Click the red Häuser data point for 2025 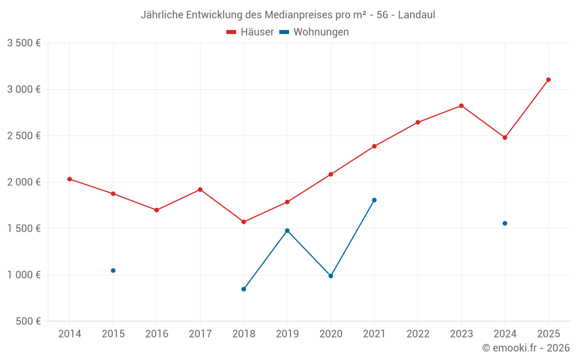point(548,79)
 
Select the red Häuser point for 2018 point(244,222)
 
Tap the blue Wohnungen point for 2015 point(113,271)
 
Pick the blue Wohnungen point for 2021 point(374,200)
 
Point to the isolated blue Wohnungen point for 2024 point(505,223)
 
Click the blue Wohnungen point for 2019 point(287,230)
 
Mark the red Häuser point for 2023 point(461,105)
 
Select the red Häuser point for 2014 point(70,179)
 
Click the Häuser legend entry point(250,32)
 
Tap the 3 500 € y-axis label point(24,43)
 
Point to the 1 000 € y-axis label point(24,275)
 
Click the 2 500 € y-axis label point(24,136)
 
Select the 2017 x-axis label point(200,334)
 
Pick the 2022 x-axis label point(418,334)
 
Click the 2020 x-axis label point(331,334)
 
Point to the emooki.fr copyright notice point(525,348)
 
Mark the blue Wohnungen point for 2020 point(331,276)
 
